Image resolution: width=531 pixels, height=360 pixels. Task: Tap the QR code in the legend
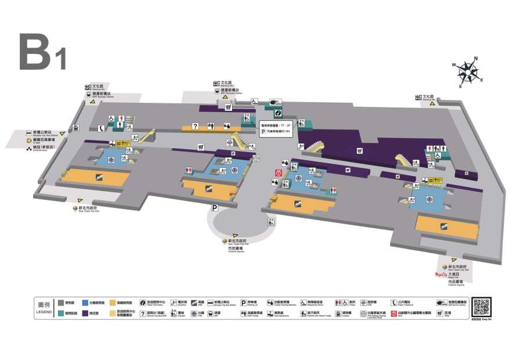pos(481,306)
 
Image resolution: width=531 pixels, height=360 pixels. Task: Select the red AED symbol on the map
pos(279,172)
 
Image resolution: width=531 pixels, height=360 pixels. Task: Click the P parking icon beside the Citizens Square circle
pos(214,207)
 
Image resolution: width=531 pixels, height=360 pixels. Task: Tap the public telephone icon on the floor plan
pos(102,129)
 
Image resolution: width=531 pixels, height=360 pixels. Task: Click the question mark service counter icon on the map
pos(196,125)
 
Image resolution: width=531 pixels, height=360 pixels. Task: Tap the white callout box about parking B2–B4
pos(276,128)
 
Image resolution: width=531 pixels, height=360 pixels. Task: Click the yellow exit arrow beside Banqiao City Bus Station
pos(62,134)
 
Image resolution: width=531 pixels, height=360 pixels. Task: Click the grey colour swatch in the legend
pos(60,303)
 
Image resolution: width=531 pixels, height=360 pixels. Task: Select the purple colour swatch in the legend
pos(85,313)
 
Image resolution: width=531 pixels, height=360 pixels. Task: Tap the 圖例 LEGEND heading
pos(44,308)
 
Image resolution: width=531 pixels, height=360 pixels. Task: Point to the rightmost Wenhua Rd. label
pos(429,98)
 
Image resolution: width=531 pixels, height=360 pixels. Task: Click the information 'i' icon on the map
pos(278,113)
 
